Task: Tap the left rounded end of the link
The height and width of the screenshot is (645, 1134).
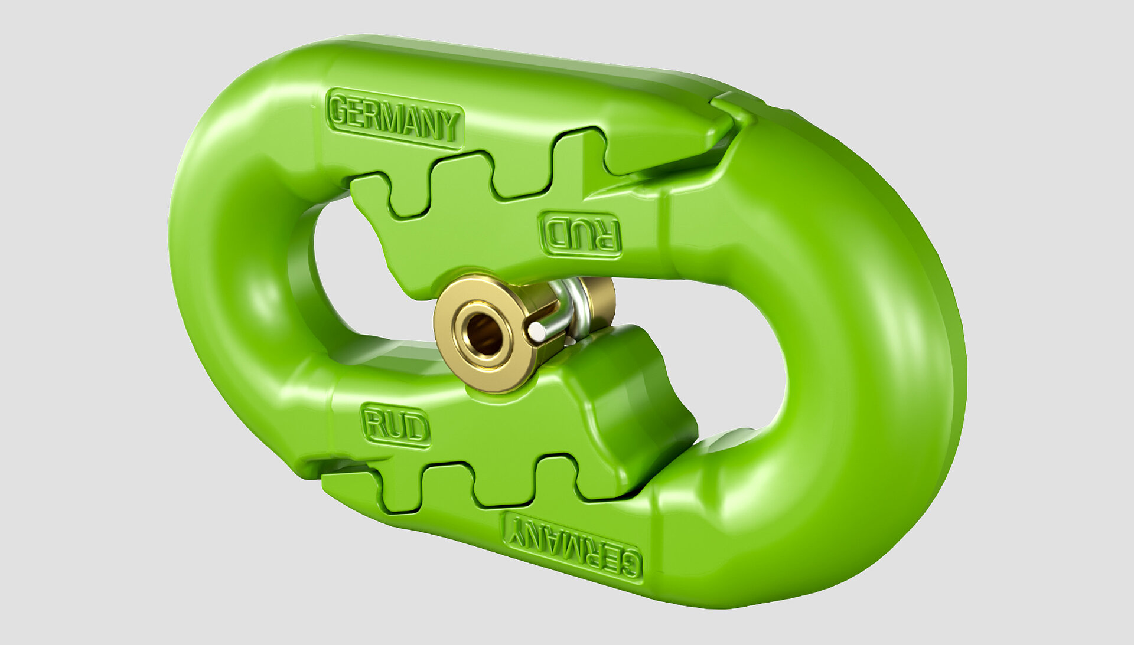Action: [x=219, y=266]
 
